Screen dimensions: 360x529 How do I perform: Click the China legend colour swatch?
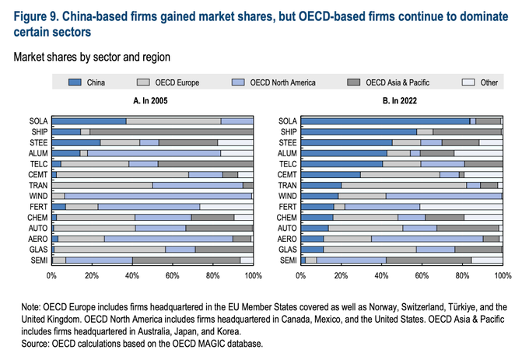[x=75, y=82]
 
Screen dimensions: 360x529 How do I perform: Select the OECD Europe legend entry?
[x=177, y=82]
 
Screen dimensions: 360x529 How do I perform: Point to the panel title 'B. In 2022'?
[x=401, y=101]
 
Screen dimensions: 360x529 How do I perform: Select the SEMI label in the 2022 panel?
[x=288, y=260]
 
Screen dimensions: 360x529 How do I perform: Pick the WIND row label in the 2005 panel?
[x=37, y=196]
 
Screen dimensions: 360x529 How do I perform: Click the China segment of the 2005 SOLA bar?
[x=89, y=121]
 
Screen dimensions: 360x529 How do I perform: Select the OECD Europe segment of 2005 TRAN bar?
[x=103, y=185]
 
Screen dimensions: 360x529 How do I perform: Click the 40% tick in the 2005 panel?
[x=132, y=276]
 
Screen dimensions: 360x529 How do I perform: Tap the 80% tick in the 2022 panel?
[x=462, y=276]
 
